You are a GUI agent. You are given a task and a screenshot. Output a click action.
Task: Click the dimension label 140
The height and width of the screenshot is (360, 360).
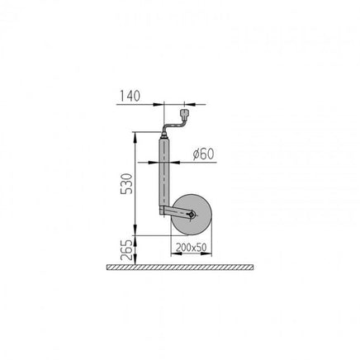[130, 96]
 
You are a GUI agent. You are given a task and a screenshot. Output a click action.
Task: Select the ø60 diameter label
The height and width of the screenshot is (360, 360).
[203, 154]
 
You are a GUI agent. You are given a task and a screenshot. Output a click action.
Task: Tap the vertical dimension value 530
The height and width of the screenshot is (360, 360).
[127, 183]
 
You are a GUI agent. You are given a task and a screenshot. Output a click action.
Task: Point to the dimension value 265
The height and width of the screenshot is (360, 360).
[127, 250]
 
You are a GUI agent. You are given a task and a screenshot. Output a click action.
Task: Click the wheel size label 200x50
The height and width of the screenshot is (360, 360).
[191, 248]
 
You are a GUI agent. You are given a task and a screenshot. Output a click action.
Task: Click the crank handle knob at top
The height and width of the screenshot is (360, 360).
[184, 113]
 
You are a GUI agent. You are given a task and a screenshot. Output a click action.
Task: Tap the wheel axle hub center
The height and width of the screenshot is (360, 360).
[192, 215]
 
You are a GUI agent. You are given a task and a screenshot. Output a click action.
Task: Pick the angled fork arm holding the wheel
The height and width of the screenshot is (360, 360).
[176, 211]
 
